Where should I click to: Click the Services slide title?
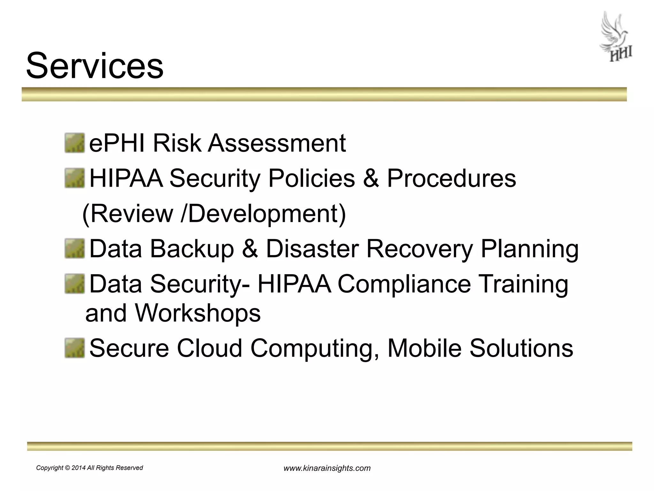click(x=95, y=66)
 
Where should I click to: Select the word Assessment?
click(x=277, y=143)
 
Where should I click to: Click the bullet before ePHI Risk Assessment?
click(x=74, y=143)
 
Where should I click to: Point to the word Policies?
click(x=311, y=178)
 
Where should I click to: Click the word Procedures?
click(x=451, y=178)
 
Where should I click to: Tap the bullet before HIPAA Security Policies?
click(x=74, y=178)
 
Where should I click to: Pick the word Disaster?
click(x=312, y=249)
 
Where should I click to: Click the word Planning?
click(x=529, y=249)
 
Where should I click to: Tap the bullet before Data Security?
click(x=74, y=284)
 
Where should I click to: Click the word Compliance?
click(x=404, y=284)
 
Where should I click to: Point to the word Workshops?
click(x=198, y=313)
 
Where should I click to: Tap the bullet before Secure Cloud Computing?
click(x=74, y=348)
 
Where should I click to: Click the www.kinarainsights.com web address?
click(x=327, y=468)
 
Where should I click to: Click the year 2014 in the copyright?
click(x=78, y=468)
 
